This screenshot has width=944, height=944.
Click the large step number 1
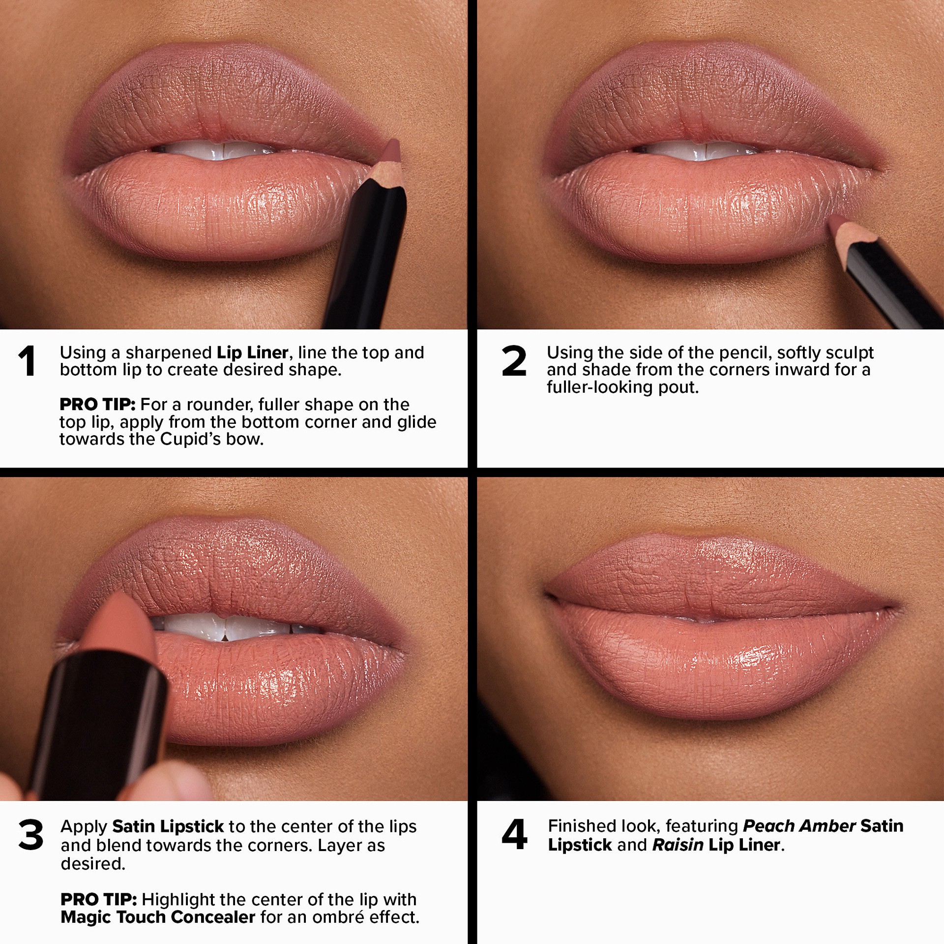(x=27, y=361)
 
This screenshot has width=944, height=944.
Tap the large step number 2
(x=514, y=361)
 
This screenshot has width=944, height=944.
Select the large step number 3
(x=30, y=835)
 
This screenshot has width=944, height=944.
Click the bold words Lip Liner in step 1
(x=252, y=353)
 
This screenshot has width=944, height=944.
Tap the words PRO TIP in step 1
(x=97, y=405)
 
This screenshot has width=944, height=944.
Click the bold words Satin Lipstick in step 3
(x=168, y=826)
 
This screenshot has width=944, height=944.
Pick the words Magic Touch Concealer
(x=158, y=917)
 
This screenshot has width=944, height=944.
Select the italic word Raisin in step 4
(x=678, y=845)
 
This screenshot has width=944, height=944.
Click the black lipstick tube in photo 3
(x=103, y=708)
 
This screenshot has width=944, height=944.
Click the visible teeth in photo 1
(x=211, y=150)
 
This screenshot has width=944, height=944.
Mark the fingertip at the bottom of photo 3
(x=177, y=782)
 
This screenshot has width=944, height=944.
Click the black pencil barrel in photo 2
(x=895, y=280)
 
